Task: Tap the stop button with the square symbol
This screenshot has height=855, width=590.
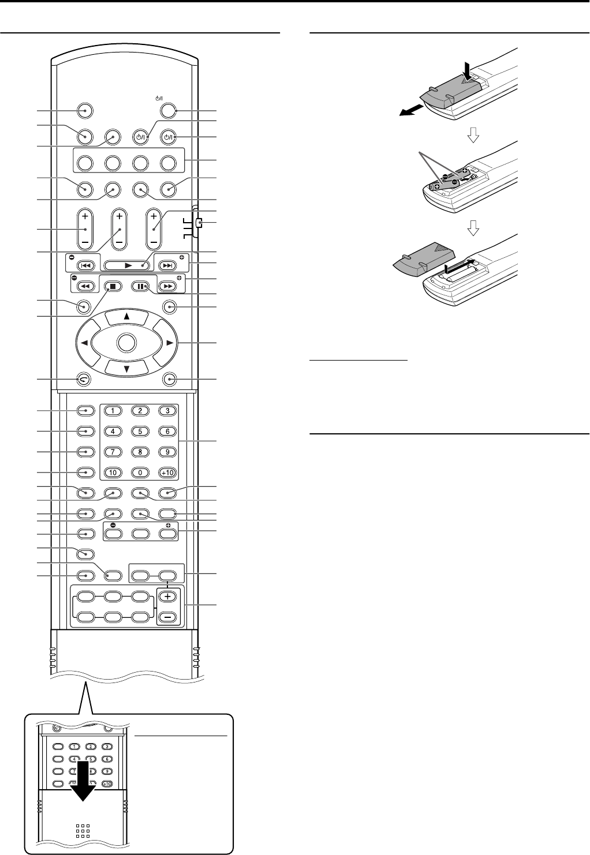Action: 110,285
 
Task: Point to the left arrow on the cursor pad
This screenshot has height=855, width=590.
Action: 83,343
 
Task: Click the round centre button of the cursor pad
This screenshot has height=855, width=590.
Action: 125,343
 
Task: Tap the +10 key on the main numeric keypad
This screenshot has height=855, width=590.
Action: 167,473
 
